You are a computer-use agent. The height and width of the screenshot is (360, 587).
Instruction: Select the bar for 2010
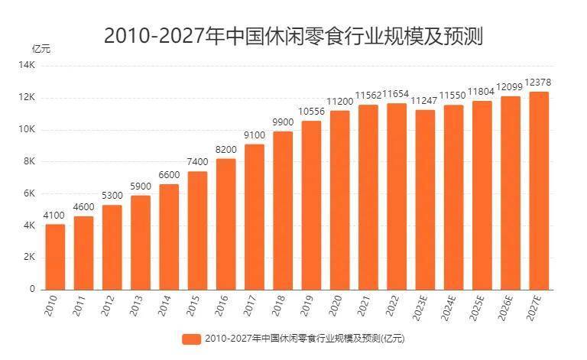tap(55, 257)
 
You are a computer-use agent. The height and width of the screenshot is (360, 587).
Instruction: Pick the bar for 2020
tap(339, 200)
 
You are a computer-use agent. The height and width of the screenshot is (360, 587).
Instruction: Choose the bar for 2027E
tap(539, 191)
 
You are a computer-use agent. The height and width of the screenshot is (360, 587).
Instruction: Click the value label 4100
tap(54, 216)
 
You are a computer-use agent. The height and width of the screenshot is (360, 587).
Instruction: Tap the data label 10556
tap(311, 112)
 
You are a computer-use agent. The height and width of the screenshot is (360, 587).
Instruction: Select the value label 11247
tap(425, 101)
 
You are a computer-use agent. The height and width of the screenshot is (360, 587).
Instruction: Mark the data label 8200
tap(225, 150)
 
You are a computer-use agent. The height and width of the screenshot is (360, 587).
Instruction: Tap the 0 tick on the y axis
tap(33, 290)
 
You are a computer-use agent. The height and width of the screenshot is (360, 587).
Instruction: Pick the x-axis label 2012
tap(107, 305)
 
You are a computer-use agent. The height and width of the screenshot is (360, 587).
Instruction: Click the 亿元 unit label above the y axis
tap(41, 49)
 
